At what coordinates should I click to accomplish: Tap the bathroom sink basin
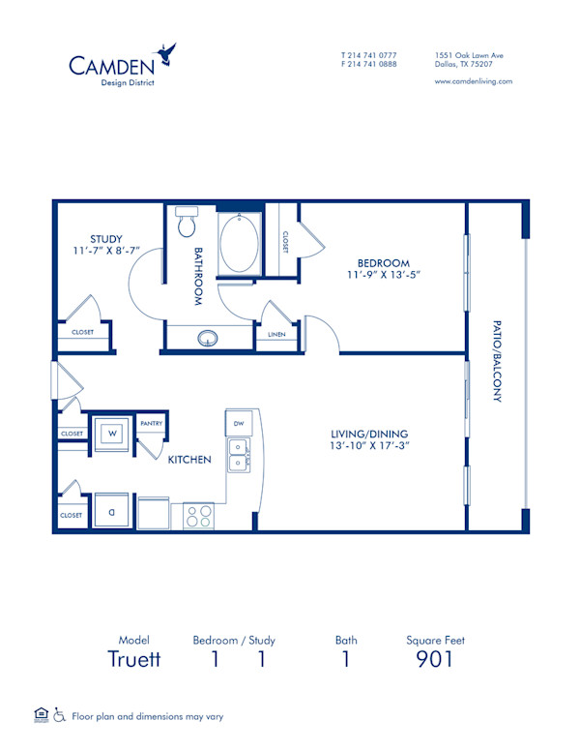208,339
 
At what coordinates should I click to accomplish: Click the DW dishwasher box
239,423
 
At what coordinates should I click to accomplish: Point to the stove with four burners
198,516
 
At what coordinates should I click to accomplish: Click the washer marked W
112,432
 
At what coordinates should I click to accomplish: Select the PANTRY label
150,424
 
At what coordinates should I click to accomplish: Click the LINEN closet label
275,335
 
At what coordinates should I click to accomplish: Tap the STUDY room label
105,238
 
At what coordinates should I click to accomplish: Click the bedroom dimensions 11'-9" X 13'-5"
384,275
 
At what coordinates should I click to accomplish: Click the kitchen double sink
238,455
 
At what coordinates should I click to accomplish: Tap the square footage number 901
434,660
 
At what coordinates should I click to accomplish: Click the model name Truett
133,660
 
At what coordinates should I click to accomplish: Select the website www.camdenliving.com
474,81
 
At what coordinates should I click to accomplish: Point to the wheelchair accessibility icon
59,716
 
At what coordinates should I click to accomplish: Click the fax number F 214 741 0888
368,64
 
